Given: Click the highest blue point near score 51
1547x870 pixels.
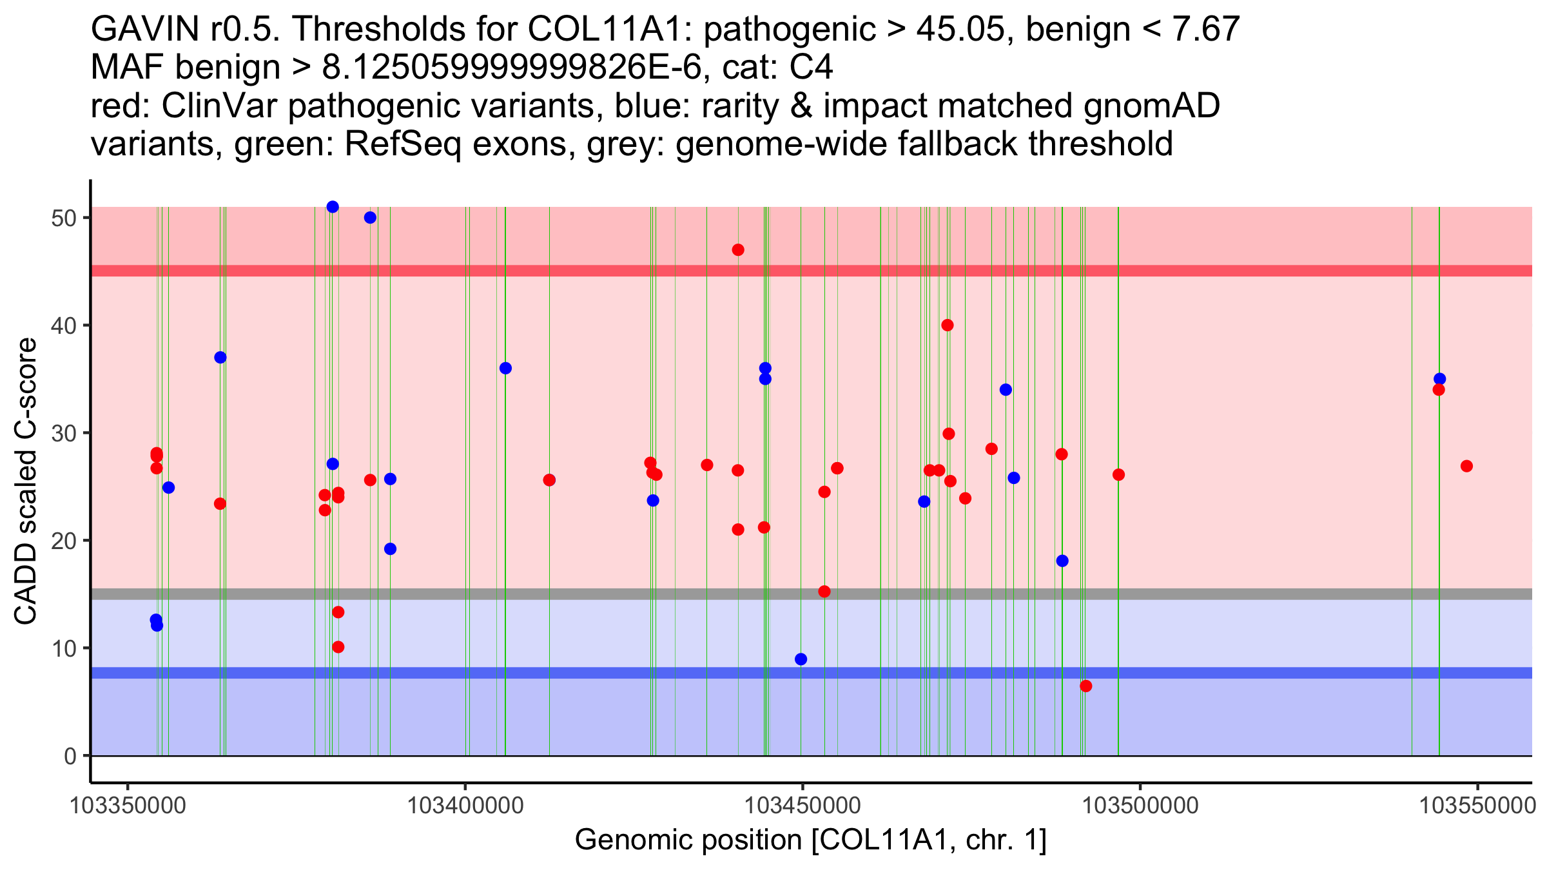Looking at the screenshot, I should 333,207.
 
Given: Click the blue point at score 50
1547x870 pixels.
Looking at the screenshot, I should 370,218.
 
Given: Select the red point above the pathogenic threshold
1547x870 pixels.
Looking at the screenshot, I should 738,250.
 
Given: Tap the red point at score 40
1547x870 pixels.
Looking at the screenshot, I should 948,325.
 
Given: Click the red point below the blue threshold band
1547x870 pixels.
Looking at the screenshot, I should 1086,686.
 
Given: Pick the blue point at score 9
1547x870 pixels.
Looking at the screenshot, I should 801,659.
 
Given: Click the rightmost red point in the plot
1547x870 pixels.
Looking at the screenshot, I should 1467,466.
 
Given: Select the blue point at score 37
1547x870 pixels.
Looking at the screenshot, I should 220,358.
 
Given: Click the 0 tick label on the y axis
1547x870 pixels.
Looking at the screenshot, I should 70,756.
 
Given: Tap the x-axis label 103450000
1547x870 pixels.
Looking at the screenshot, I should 803,806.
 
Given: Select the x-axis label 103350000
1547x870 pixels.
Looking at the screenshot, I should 128,806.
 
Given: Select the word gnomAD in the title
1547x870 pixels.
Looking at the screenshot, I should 1151,106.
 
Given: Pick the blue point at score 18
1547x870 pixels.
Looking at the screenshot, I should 1062,561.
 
